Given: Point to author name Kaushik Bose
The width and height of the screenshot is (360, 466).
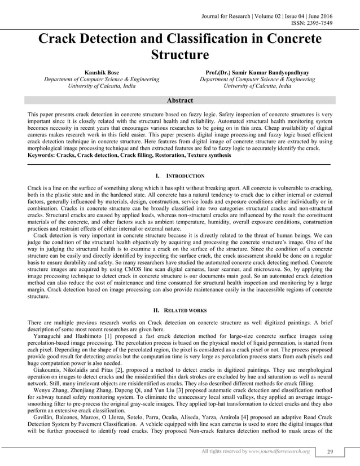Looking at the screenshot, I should pyautogui.click(x=102, y=73).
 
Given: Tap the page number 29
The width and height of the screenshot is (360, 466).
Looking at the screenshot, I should pyautogui.click(x=331, y=451).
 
